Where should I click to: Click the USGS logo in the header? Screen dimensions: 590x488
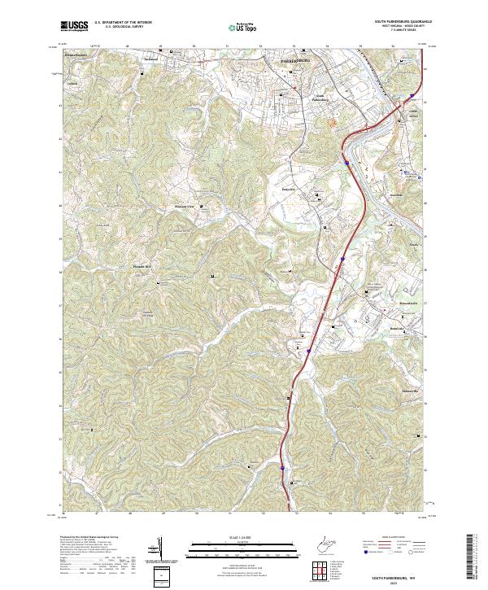[x=74, y=27]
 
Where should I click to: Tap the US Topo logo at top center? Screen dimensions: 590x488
[x=242, y=28]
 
